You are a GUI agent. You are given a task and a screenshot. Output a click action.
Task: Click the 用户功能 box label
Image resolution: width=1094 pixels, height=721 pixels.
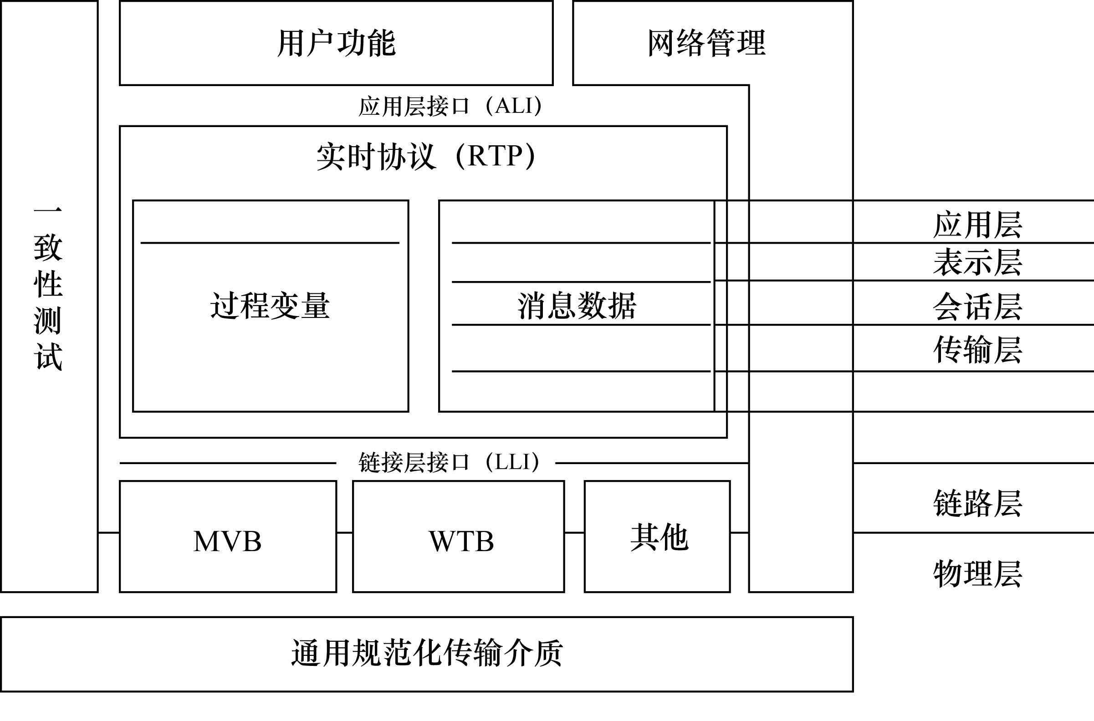[x=336, y=43]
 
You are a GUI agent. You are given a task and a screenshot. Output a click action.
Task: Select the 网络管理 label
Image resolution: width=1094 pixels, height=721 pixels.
[x=706, y=43]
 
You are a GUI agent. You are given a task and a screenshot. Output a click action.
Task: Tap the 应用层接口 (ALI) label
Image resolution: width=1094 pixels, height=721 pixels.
[x=450, y=106]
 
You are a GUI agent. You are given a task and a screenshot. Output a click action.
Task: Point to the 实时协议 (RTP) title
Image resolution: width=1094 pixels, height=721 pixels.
[x=426, y=156]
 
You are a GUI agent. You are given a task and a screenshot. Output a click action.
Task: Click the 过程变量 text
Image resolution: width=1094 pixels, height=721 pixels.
[x=270, y=306]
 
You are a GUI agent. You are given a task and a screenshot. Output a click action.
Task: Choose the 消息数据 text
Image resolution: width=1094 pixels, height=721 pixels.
[x=577, y=306]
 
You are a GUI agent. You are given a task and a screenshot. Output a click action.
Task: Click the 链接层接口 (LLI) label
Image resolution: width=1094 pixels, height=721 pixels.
[x=449, y=463]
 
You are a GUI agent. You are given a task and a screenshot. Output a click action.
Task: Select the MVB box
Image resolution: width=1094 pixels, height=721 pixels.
[x=228, y=541]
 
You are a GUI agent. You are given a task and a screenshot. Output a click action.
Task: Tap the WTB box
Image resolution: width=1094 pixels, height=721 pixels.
[x=461, y=541]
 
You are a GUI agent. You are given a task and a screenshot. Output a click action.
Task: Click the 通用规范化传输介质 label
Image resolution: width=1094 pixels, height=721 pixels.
[x=427, y=654]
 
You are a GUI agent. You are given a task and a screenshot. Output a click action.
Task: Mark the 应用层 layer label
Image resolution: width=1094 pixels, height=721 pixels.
[x=978, y=225]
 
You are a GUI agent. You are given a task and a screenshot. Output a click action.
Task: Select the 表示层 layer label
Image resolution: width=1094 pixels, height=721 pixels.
[x=978, y=262]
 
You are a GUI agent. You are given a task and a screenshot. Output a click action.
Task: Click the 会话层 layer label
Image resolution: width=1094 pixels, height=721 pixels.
[x=978, y=306]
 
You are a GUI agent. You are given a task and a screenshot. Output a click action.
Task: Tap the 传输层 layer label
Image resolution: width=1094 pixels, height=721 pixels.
[x=978, y=349]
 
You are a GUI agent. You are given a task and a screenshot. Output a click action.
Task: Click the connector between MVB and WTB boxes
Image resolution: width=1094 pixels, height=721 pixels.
[x=344, y=533]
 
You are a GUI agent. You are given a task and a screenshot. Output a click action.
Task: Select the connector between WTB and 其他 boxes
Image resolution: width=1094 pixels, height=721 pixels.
[x=574, y=533]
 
